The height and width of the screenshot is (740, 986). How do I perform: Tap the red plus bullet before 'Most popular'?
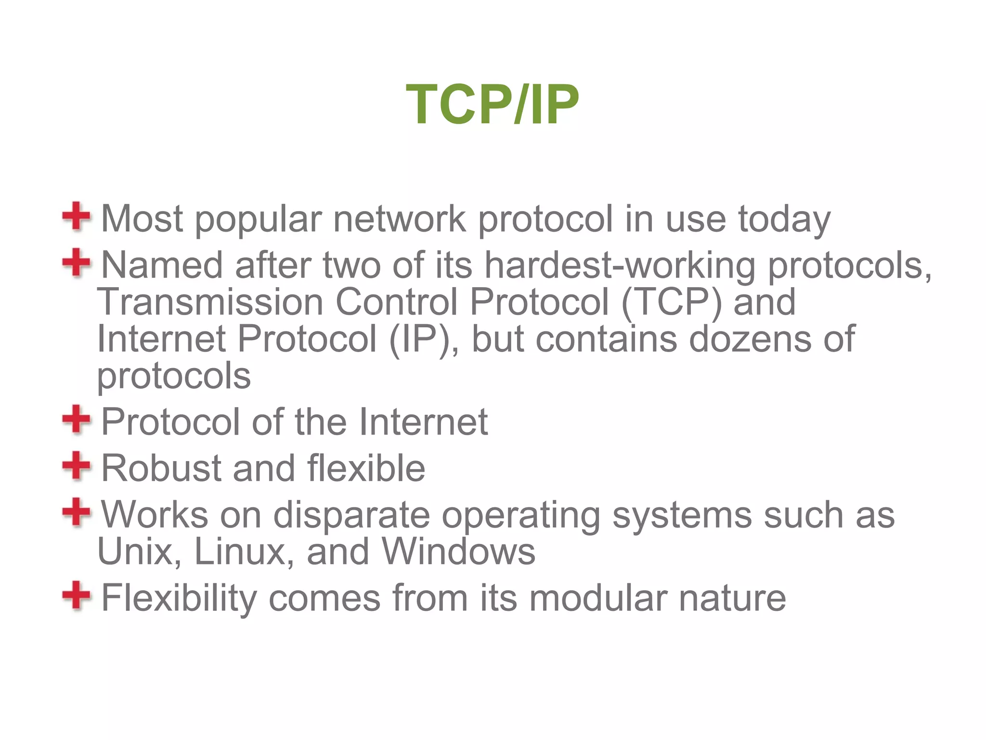click(x=76, y=216)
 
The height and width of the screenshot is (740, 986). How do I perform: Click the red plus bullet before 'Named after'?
click(x=76, y=263)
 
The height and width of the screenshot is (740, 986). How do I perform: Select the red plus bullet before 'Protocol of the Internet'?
click(x=76, y=419)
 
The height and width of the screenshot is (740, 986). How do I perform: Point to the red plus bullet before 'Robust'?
click(x=76, y=466)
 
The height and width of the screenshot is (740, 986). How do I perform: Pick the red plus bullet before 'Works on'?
click(x=76, y=512)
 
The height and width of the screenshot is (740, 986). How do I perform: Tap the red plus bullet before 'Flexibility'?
click(x=76, y=595)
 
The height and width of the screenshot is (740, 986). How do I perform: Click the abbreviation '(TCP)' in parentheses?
click(x=672, y=303)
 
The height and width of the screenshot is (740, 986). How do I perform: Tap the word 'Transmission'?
click(x=210, y=303)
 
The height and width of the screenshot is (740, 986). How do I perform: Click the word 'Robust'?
click(x=161, y=468)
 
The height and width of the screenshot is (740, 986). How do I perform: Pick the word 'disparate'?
click(x=351, y=515)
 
